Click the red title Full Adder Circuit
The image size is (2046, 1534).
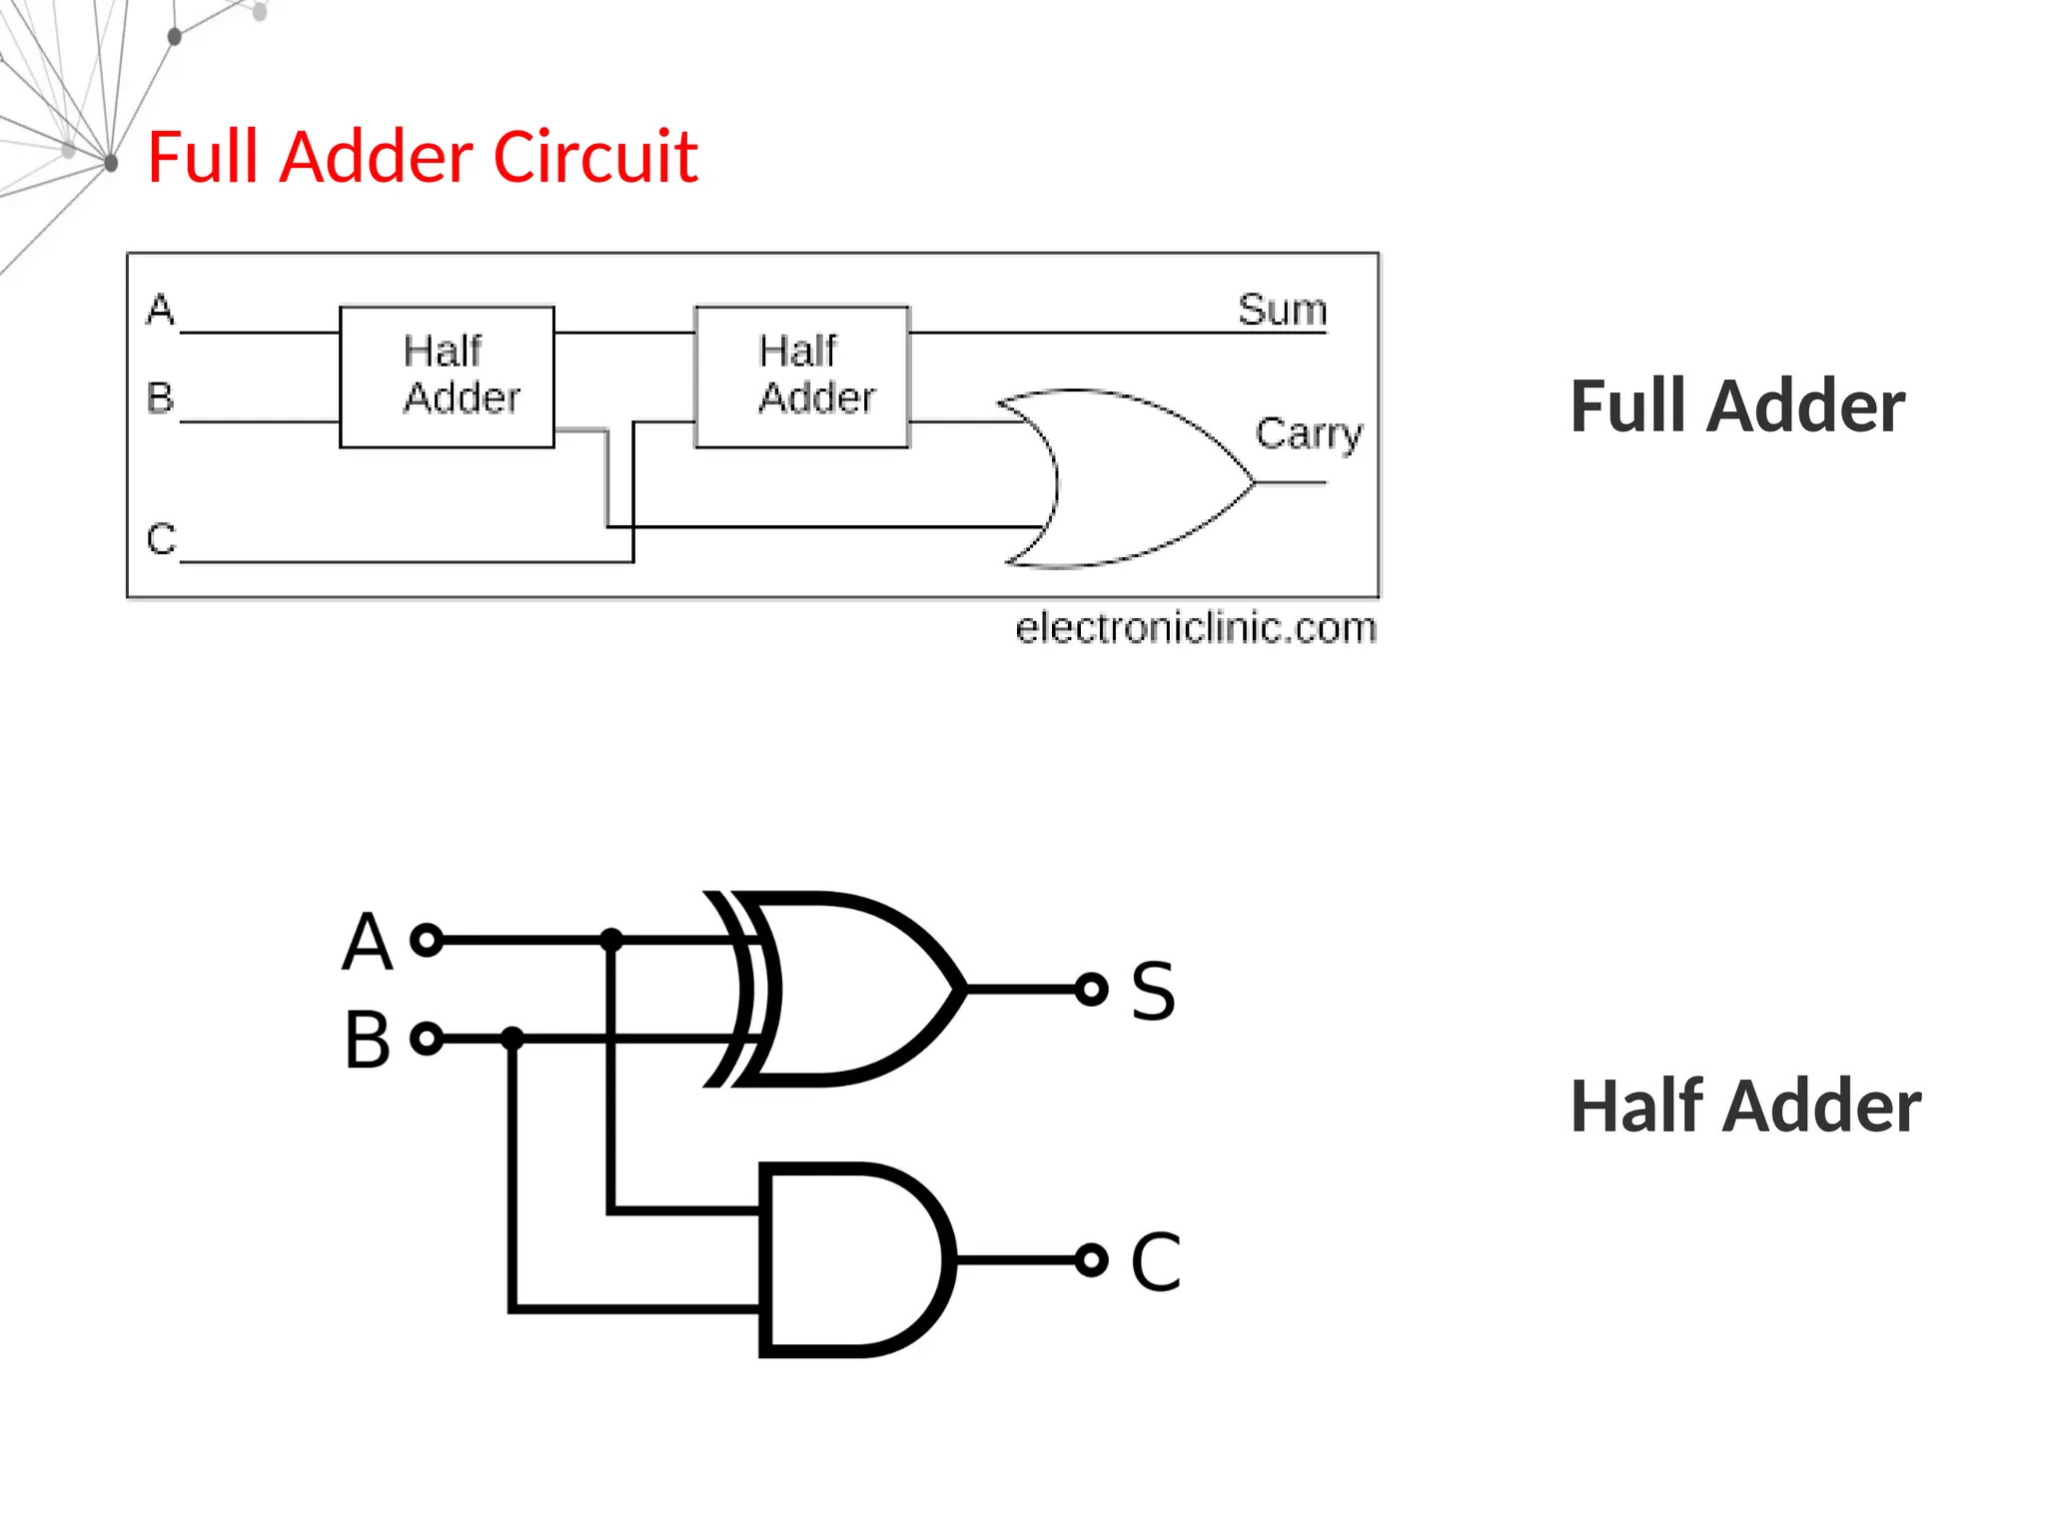(x=422, y=158)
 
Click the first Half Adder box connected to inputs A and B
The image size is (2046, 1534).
(x=447, y=377)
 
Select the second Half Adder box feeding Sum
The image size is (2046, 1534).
(x=802, y=377)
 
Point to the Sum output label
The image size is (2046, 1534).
(x=1282, y=310)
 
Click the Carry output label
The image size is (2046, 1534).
(x=1308, y=434)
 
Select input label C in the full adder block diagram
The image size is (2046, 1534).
(x=161, y=539)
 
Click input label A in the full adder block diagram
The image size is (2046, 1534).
(x=161, y=310)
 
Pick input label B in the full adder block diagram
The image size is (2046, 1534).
(x=161, y=397)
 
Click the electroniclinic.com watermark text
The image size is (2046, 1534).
(x=1195, y=628)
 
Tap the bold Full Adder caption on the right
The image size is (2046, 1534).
(x=1737, y=406)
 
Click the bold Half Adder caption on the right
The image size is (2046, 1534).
(x=1744, y=1107)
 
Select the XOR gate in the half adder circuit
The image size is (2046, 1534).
(x=849, y=989)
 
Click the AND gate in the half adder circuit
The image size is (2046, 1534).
(x=849, y=1259)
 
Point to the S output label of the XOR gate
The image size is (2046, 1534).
(x=1153, y=991)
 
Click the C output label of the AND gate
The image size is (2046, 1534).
(x=1155, y=1261)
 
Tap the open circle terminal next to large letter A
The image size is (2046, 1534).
(x=427, y=940)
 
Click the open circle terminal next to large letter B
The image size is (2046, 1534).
(x=427, y=1039)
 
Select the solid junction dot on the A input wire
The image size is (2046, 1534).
(x=611, y=940)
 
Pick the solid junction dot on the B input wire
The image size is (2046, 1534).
(x=512, y=1039)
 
